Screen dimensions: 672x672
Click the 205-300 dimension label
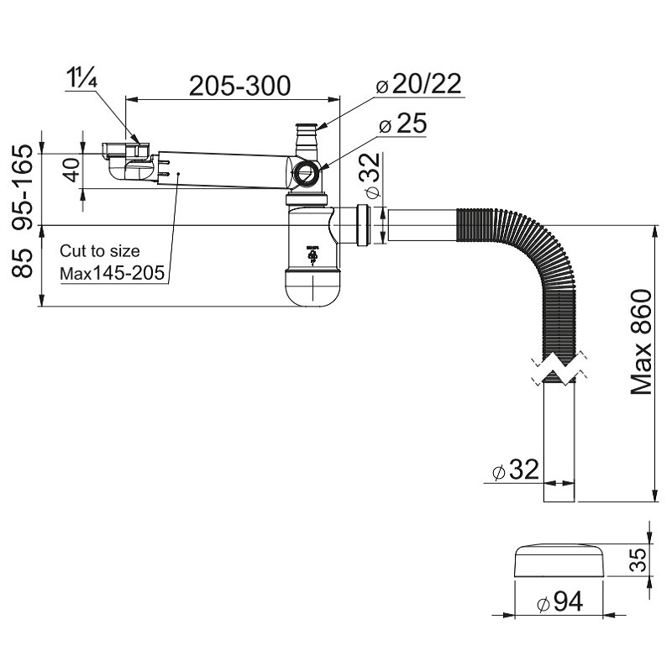239,86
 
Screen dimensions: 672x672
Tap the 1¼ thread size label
81,78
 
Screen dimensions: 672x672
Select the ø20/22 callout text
418,83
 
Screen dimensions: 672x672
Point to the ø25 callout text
403,123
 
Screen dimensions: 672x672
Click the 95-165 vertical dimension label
23,187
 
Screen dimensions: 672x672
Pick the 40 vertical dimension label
72,171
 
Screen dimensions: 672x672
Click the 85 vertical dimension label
23,263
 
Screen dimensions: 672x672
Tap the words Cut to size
99,251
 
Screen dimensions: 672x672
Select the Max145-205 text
113,273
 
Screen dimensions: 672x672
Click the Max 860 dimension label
641,342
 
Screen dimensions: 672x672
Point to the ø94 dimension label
559,601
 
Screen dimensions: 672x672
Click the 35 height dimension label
639,560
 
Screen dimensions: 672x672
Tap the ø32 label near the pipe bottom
516,470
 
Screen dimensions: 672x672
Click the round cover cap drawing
559,560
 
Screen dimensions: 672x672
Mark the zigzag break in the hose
559,368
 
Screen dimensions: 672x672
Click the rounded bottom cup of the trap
313,288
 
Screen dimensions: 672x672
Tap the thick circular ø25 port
306,173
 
